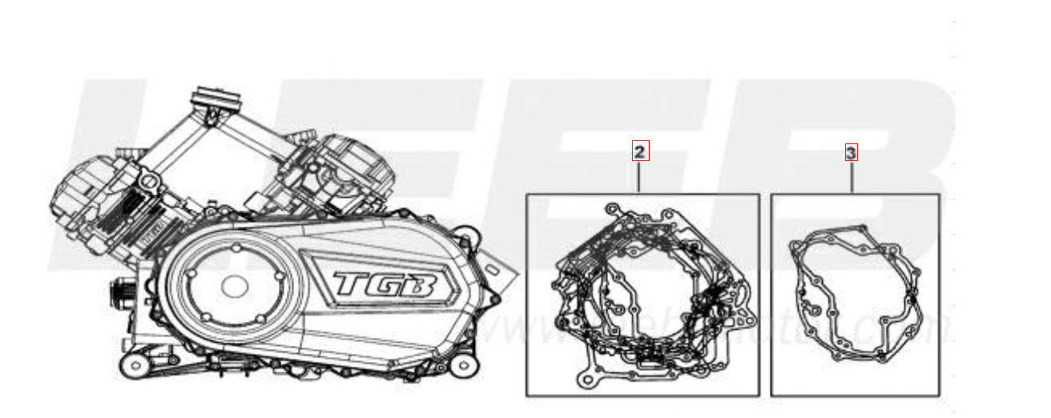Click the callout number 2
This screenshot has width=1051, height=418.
639,151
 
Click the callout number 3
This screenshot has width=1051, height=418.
852,151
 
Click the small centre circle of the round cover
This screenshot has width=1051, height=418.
234,285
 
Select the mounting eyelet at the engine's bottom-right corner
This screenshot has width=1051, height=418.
462,366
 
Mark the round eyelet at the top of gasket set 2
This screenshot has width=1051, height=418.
612,209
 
